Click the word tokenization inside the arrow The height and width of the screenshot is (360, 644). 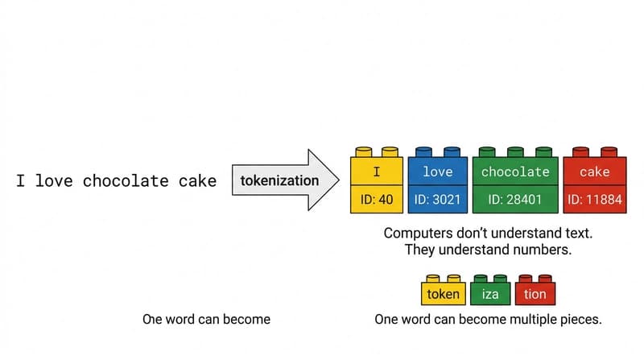(279, 180)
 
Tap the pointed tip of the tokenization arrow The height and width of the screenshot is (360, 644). (340, 180)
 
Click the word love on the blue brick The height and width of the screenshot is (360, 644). (437, 172)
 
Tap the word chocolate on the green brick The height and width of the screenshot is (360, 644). (515, 172)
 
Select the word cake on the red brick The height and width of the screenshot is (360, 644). (595, 172)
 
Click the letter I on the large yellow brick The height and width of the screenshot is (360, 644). (376, 172)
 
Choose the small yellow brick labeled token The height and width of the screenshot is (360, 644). (443, 294)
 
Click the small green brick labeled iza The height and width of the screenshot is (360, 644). (489, 294)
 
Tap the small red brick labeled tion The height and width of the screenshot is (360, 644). (535, 294)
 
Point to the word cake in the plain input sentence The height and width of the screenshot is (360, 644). (197, 180)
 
